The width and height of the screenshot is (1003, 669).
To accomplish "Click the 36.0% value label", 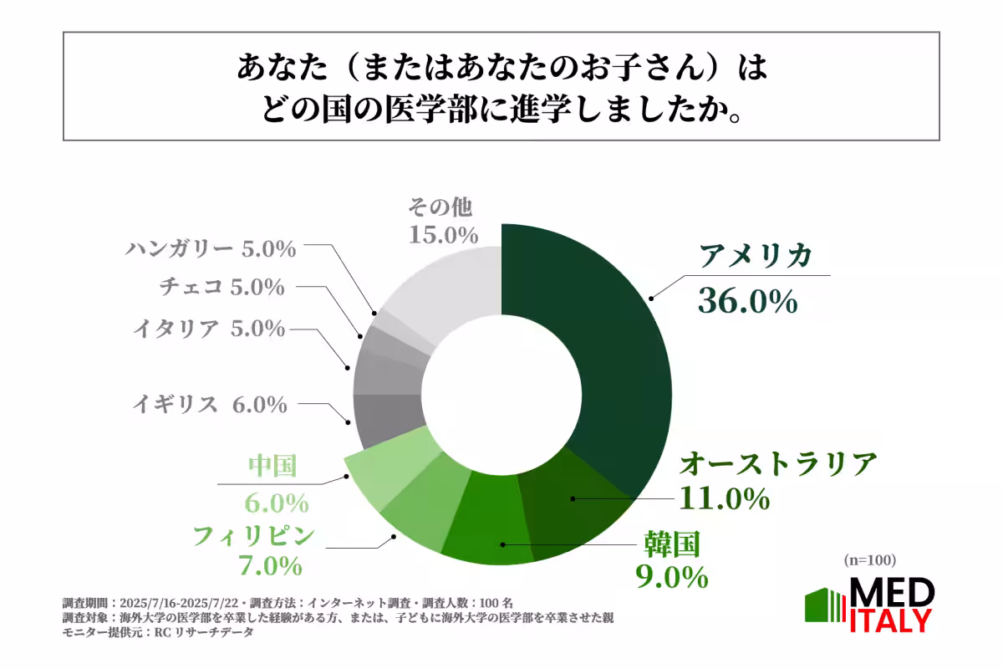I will pos(747,302).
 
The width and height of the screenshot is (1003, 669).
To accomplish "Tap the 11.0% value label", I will pos(723,498).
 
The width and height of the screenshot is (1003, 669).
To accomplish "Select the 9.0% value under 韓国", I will pos(670,576).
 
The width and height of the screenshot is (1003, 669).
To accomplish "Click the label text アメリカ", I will pos(756,257).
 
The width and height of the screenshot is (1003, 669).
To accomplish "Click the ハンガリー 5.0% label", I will pos(211,248).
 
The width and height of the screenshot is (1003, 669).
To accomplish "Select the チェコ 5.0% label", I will pos(221,287).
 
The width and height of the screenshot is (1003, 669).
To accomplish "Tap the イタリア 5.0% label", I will pos(209,329).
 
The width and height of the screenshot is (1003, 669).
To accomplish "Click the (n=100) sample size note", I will pos(869,559).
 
